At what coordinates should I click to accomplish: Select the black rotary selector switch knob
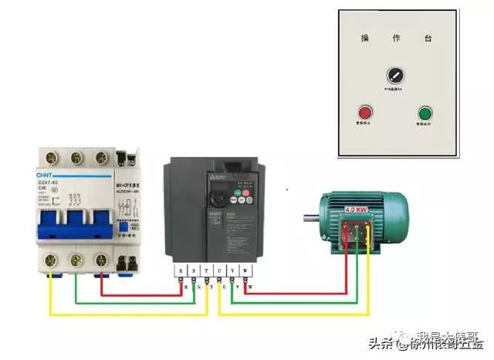coord(395,76)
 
